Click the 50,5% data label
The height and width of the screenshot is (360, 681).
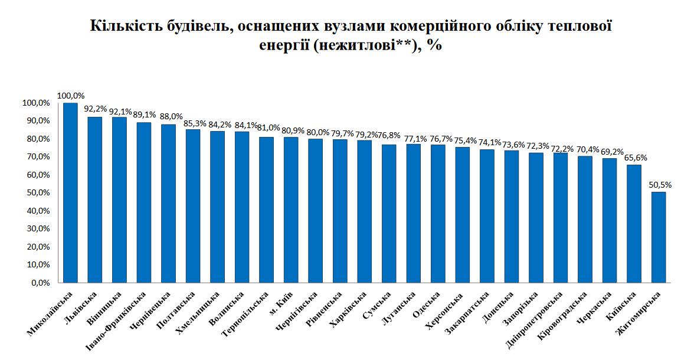coord(659,185)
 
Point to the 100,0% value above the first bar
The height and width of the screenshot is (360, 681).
coord(71,96)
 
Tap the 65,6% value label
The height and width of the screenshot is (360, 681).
coord(634,158)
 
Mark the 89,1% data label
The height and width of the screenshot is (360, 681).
coord(144,115)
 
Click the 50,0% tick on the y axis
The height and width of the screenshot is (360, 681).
coord(36,193)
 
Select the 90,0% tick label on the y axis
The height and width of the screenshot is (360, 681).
coord(36,121)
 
